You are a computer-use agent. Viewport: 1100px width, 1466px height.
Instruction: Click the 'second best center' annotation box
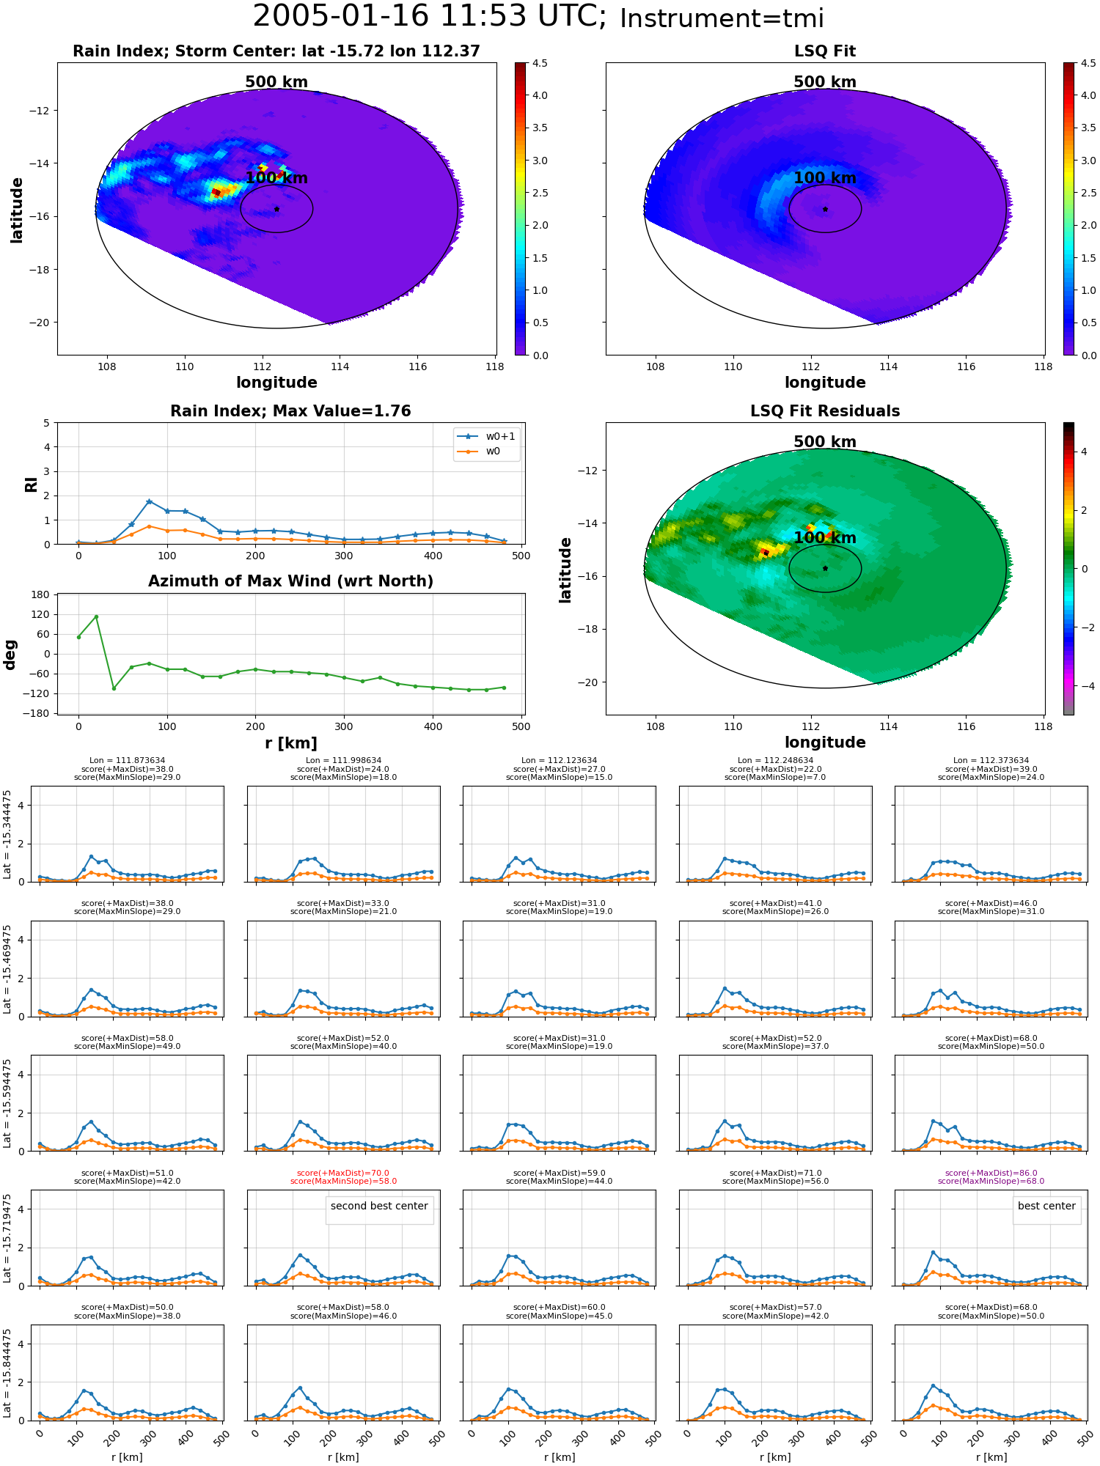pos(379,1206)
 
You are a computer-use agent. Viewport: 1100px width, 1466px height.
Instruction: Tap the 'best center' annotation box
pos(1046,1206)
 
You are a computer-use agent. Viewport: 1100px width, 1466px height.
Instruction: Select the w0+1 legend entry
pos(487,436)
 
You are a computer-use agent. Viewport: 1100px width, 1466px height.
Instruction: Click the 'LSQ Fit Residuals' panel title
pos(825,410)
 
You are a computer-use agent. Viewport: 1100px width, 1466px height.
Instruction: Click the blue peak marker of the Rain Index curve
pos(149,501)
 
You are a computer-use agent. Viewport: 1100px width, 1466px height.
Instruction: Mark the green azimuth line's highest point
pos(96,616)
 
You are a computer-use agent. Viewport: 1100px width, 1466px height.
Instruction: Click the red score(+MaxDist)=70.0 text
pos(343,1173)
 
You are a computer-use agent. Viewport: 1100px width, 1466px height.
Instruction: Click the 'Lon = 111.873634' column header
pos(127,760)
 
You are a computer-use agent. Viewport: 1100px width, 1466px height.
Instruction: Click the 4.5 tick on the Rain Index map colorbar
pos(540,63)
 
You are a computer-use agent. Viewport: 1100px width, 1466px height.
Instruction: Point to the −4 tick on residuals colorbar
pos(1085,686)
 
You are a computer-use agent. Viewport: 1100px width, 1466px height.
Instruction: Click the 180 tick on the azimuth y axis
pos(41,594)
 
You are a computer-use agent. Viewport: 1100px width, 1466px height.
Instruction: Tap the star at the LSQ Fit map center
pos(825,209)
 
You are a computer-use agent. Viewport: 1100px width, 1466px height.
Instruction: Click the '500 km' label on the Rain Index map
pos(276,81)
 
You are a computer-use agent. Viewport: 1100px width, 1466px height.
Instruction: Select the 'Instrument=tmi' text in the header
pos(722,18)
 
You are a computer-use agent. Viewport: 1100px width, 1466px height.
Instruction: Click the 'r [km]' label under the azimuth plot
pos(290,743)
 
